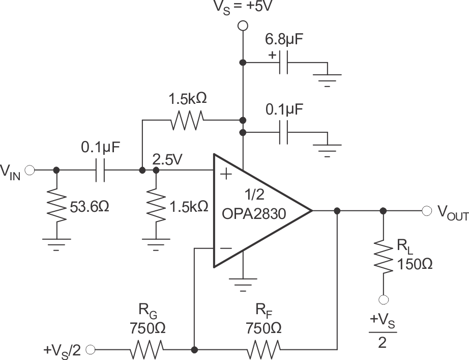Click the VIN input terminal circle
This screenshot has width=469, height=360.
[x=30, y=170]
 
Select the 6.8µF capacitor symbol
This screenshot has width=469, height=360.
[x=284, y=63]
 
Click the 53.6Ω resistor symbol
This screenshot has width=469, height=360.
[x=56, y=204]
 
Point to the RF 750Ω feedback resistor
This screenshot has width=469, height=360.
[x=263, y=350]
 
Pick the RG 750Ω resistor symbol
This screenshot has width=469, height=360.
[x=147, y=350]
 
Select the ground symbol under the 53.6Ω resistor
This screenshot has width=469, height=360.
[x=56, y=244]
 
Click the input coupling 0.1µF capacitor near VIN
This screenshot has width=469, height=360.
[x=100, y=170]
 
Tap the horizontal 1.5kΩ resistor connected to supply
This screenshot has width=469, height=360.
[x=188, y=120]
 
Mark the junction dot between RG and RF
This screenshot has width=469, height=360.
[x=194, y=350]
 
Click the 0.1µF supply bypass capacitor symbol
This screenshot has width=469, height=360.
[x=284, y=133]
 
